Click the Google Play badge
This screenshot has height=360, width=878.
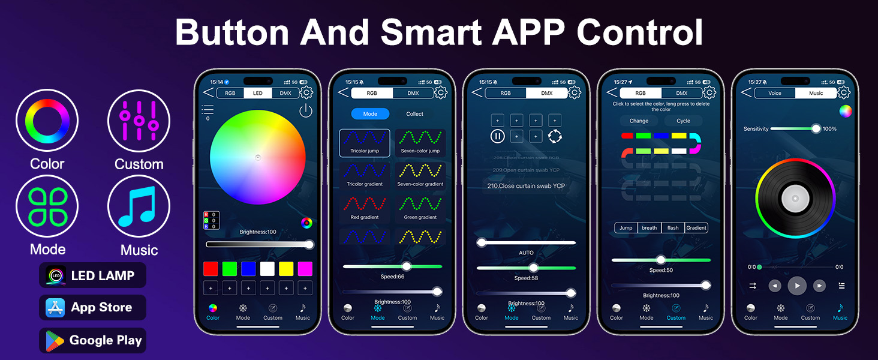coord(92,340)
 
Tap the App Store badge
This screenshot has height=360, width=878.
coord(92,308)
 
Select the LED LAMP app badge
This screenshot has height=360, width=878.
coord(92,275)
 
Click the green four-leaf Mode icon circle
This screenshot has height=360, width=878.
coord(47,206)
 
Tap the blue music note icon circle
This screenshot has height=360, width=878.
coord(139,206)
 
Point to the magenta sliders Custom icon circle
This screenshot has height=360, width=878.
coord(139,121)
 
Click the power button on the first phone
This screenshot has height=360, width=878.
coord(306,111)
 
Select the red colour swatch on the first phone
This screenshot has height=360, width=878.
coord(211,268)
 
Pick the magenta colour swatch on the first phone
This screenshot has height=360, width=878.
coord(305,268)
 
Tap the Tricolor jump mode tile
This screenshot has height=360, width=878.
coord(365,143)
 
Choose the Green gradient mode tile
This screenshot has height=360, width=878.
coord(420,209)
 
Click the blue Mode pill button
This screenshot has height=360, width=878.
coord(370,114)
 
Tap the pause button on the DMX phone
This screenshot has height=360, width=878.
coord(498,136)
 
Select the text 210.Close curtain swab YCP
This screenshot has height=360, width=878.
coord(526,186)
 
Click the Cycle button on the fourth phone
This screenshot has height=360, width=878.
coord(683,121)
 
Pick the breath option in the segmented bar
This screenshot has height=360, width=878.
coord(649,228)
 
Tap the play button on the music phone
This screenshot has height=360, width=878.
coord(796,286)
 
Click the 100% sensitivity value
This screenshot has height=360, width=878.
coord(829,129)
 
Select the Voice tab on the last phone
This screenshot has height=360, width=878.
coord(775,93)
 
